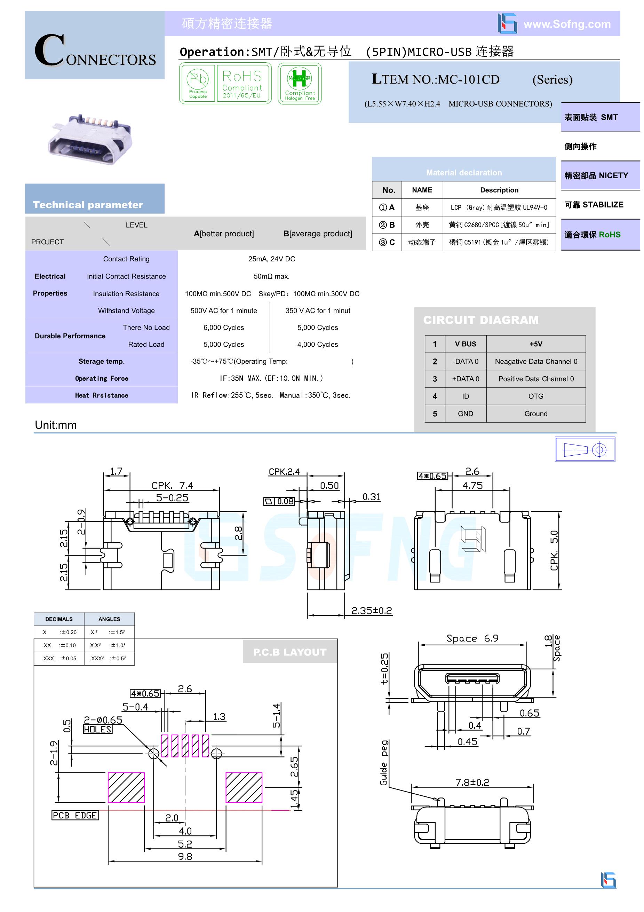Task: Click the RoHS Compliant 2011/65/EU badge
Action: click(242, 84)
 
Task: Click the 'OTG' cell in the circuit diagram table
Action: click(535, 396)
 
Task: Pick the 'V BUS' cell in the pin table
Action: click(465, 344)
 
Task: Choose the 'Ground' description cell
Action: click(535, 414)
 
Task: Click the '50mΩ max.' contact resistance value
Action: click(272, 276)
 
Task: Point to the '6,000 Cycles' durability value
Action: click(223, 328)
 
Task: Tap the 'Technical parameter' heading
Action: click(88, 205)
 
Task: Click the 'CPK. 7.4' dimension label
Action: click(172, 485)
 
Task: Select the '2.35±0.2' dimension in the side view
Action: click(372, 611)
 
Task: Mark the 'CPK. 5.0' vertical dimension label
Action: click(554, 550)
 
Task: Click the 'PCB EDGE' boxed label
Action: click(75, 816)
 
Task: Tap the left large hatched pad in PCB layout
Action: click(126, 787)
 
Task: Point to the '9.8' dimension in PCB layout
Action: click(185, 856)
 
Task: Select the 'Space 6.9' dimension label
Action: click(472, 638)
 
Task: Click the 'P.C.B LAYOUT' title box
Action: click(289, 652)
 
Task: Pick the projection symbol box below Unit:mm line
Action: click(585, 449)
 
